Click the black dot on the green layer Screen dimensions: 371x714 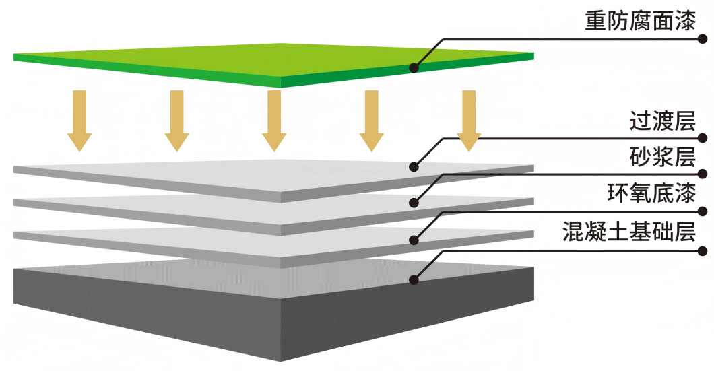pyautogui.click(x=414, y=67)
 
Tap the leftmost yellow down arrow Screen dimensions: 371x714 pyautogui.click(x=79, y=120)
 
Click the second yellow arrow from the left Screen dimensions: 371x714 pyautogui.click(x=177, y=120)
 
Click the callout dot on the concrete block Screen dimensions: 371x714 pyautogui.click(x=414, y=278)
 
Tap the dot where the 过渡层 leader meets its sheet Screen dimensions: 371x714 pyautogui.click(x=414, y=166)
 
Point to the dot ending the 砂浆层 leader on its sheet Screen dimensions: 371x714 pyautogui.click(x=414, y=202)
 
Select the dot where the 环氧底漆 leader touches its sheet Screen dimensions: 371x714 pyautogui.click(x=414, y=238)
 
